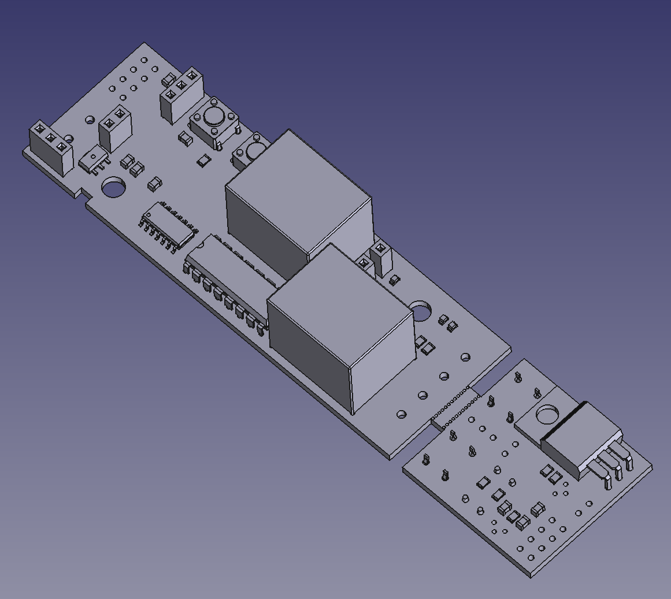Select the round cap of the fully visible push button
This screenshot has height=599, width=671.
(213, 117)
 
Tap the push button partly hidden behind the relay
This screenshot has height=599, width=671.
(253, 151)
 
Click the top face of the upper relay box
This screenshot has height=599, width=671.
(298, 173)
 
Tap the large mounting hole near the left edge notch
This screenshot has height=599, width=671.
(114, 188)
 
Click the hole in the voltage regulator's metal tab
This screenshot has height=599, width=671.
(546, 415)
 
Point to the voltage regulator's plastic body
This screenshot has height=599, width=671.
(578, 439)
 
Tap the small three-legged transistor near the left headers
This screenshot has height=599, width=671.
(92, 159)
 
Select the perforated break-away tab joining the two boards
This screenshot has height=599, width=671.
(455, 408)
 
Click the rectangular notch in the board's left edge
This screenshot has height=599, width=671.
(81, 196)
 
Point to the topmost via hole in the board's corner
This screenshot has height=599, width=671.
(143, 59)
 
